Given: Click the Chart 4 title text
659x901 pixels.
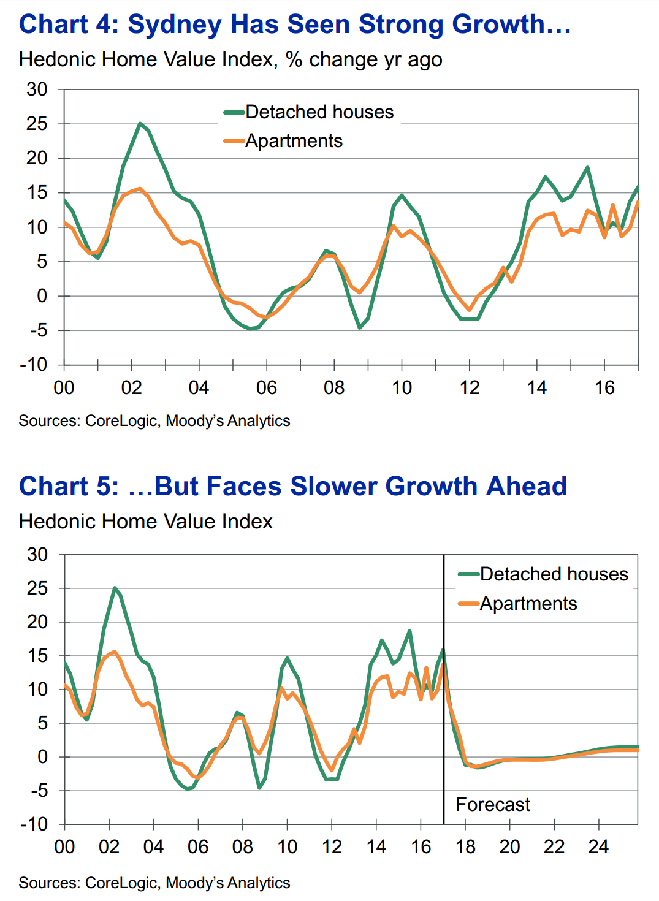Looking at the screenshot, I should pos(294,25).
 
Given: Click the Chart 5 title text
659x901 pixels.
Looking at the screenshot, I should pos(293,486).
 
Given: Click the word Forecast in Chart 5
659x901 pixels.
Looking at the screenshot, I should pos(493,804).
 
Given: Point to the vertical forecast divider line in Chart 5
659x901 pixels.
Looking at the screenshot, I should pos(444,736).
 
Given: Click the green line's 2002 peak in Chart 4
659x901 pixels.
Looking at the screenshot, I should pos(140,123).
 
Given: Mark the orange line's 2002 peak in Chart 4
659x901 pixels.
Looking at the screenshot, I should pos(140,189).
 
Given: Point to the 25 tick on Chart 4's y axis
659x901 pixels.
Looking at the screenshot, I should pos(37,124).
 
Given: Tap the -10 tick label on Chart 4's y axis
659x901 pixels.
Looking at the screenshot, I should pos(33,365).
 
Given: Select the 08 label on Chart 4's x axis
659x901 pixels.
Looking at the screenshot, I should pos(334,388).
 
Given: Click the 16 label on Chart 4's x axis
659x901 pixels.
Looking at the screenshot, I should pos(604,388).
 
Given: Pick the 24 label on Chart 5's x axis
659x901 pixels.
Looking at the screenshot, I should pos(598,847).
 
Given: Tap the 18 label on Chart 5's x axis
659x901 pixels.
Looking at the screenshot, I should pos(465,847).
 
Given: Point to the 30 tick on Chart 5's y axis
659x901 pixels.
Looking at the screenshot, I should pos(37,555).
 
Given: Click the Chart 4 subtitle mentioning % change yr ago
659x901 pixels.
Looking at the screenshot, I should pos(230,59).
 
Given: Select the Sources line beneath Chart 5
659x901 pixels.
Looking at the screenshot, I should pos(154,883).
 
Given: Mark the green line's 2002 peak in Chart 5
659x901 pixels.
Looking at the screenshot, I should pos(115,588).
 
